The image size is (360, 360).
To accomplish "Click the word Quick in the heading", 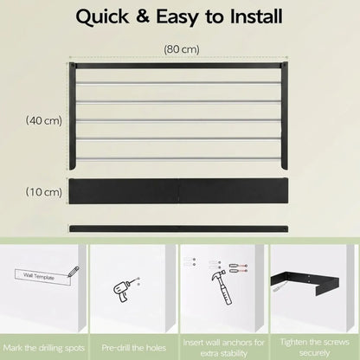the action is pyautogui.click(x=102, y=17).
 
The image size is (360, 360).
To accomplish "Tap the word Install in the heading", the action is pyautogui.click(x=256, y=16).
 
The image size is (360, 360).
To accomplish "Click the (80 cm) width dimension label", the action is pyautogui.click(x=182, y=49).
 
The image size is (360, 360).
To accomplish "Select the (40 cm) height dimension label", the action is pyautogui.click(x=44, y=120).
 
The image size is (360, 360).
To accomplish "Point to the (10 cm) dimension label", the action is pyautogui.click(x=44, y=191).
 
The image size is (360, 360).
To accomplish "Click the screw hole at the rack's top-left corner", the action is pyautogui.click(x=72, y=66).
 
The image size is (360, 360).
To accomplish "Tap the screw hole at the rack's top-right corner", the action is pyautogui.click(x=285, y=66).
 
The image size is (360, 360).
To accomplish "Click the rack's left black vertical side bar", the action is pyautogui.click(x=72, y=116).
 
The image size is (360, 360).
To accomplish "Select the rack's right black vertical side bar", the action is pyautogui.click(x=285, y=116).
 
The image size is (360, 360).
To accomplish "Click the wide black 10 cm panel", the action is pyautogui.click(x=178, y=191).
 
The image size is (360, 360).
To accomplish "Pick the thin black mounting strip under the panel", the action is pyautogui.click(x=178, y=228).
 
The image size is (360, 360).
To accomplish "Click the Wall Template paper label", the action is pyautogui.click(x=42, y=278).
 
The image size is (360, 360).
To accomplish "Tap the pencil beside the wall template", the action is pyautogui.click(x=74, y=272).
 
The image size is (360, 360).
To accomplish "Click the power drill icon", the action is pyautogui.click(x=122, y=290).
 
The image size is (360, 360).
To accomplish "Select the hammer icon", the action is pyautogui.click(x=222, y=286).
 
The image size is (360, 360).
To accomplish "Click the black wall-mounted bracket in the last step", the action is pyautogui.click(x=305, y=282).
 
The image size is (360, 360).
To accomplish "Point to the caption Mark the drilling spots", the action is pyautogui.click(x=44, y=348).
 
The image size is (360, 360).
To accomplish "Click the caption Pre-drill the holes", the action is pyautogui.click(x=134, y=348).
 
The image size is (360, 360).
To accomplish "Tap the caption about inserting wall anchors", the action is pyautogui.click(x=224, y=348).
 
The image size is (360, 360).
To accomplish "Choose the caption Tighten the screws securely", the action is pyautogui.click(x=314, y=347).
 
